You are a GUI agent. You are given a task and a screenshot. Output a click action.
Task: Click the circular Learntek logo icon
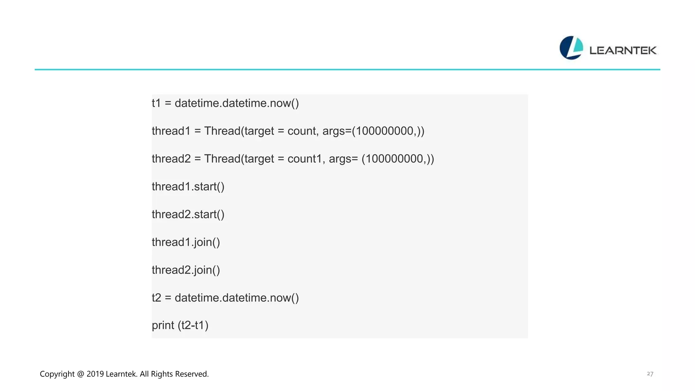[x=571, y=48]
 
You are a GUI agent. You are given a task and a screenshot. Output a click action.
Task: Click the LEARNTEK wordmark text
[x=623, y=51]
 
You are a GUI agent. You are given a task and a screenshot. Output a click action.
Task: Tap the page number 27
[x=650, y=374]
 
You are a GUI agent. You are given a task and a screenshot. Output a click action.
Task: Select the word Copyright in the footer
[x=57, y=374]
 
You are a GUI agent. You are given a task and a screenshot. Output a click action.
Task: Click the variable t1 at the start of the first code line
[x=156, y=103]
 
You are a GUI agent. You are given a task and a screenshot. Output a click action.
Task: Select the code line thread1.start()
[x=188, y=187]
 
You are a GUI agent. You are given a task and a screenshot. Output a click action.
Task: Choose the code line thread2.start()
[x=188, y=215]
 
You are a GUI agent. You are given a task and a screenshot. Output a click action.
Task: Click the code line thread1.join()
[x=186, y=242]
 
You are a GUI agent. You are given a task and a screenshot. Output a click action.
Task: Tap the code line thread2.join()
[x=186, y=270]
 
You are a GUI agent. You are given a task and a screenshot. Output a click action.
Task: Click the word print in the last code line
[x=163, y=325]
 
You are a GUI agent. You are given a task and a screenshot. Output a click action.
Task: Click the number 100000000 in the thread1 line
[x=384, y=131]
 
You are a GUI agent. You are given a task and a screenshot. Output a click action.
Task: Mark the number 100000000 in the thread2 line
[x=394, y=159]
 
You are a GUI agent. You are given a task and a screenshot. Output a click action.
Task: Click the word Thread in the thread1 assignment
[x=222, y=131]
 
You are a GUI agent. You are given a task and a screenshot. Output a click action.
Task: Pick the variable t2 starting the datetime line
[x=156, y=298]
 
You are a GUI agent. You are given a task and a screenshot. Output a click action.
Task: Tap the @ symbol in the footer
[x=80, y=374]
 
